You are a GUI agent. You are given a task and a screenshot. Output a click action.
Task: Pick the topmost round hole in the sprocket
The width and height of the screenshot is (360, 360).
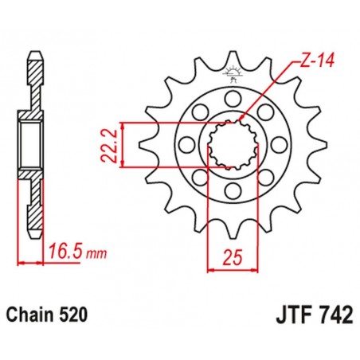[x=232, y=99]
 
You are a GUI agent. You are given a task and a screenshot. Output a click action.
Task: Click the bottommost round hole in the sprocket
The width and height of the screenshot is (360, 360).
[x=232, y=192]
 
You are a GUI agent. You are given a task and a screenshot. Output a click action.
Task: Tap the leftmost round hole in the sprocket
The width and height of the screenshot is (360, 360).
[x=186, y=146]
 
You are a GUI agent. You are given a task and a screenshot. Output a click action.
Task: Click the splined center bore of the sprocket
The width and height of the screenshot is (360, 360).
[x=232, y=146]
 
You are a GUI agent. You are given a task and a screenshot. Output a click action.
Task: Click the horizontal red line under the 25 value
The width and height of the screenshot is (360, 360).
[x=232, y=269]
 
